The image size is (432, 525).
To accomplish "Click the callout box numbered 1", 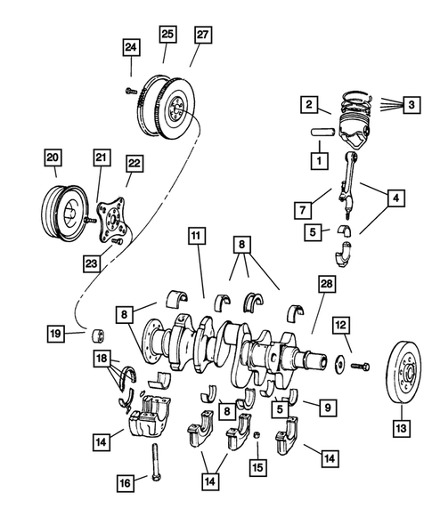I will pos(315,162).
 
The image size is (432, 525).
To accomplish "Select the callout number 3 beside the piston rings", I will pos(412,104).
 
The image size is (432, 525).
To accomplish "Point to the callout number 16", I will pos(126,482).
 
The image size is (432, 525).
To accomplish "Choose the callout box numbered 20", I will pos(53,159).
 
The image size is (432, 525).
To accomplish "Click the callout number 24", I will pos(131,47).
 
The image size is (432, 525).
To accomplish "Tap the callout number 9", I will pos(327,408).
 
